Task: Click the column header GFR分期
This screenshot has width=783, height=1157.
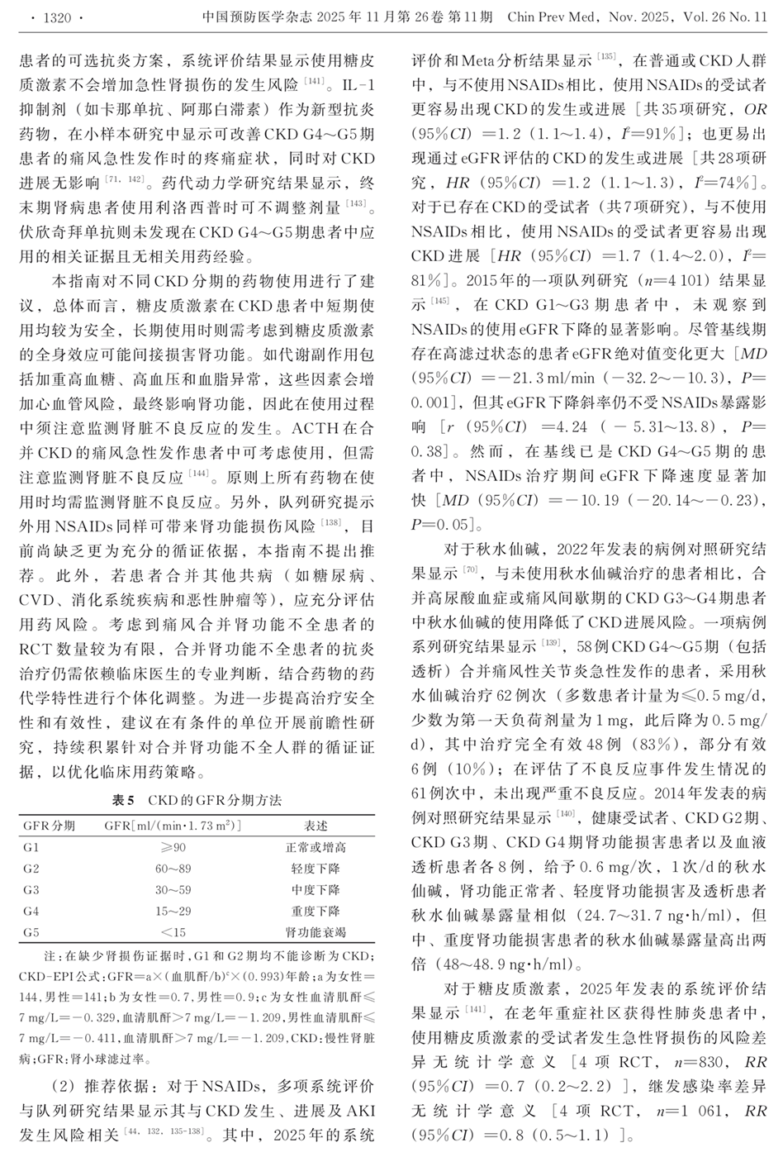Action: click(50, 826)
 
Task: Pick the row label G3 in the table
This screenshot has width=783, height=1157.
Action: click(31, 890)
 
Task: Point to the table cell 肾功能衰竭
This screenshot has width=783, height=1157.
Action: click(316, 933)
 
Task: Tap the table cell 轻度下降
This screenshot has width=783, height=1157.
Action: click(316, 869)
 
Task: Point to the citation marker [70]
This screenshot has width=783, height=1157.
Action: click(470, 569)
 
